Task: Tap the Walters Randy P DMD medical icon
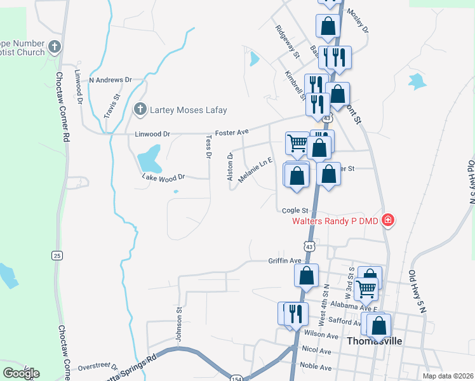click(x=388, y=221)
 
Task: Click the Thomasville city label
click(x=375, y=340)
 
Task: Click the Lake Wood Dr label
click(x=163, y=177)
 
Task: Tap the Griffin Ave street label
click(x=284, y=260)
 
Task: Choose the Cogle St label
click(x=295, y=210)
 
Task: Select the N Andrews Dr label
click(x=110, y=80)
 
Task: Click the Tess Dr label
click(x=208, y=145)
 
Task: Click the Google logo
click(x=21, y=373)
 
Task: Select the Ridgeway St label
click(x=287, y=42)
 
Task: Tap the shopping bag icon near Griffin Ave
click(x=306, y=276)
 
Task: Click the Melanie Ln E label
click(x=255, y=171)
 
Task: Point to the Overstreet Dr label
click(x=98, y=366)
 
